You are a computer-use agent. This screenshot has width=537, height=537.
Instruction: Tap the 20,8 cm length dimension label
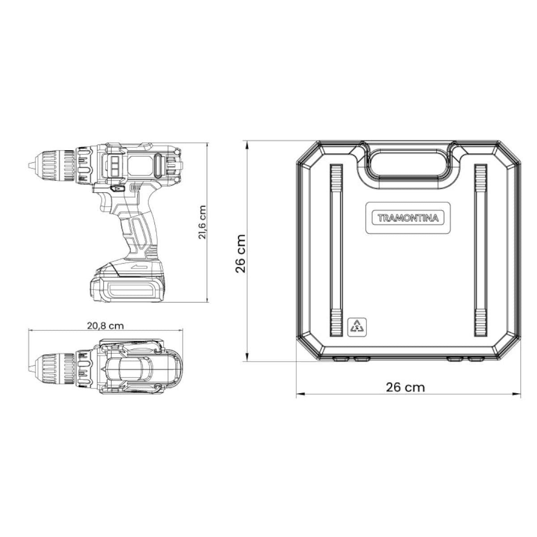[105, 326]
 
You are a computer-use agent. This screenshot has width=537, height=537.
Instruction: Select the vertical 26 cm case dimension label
[240, 254]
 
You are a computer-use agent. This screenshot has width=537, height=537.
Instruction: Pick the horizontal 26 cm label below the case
[405, 388]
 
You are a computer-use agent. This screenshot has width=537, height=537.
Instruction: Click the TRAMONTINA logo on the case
[408, 217]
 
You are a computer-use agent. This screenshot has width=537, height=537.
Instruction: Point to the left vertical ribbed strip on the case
[336, 250]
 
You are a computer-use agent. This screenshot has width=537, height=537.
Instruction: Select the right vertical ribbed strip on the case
[481, 250]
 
